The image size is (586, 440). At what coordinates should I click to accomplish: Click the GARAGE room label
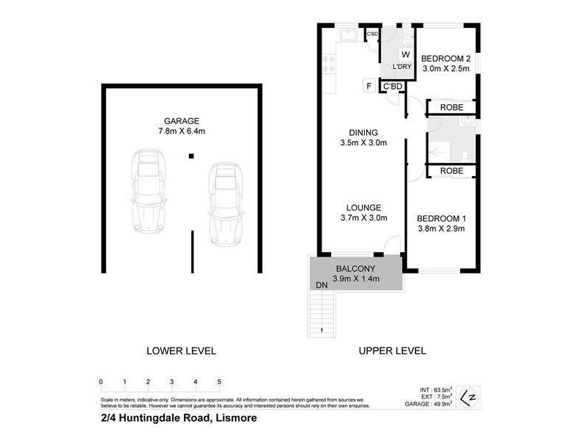(x=182, y=121)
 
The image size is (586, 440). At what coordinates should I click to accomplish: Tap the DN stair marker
(x=321, y=285)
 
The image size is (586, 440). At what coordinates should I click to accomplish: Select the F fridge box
(x=369, y=86)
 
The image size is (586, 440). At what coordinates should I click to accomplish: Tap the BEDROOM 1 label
(x=442, y=218)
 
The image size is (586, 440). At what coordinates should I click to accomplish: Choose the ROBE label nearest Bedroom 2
(x=450, y=108)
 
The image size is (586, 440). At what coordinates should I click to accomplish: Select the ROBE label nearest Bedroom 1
(x=450, y=171)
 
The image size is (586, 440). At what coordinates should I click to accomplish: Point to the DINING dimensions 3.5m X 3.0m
(x=363, y=143)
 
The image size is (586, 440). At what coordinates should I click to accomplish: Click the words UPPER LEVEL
(x=392, y=351)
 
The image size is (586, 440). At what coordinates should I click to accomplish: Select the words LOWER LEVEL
(x=182, y=351)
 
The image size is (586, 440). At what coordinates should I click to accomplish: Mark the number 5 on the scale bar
(x=219, y=382)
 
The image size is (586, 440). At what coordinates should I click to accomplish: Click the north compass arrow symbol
(x=472, y=397)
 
